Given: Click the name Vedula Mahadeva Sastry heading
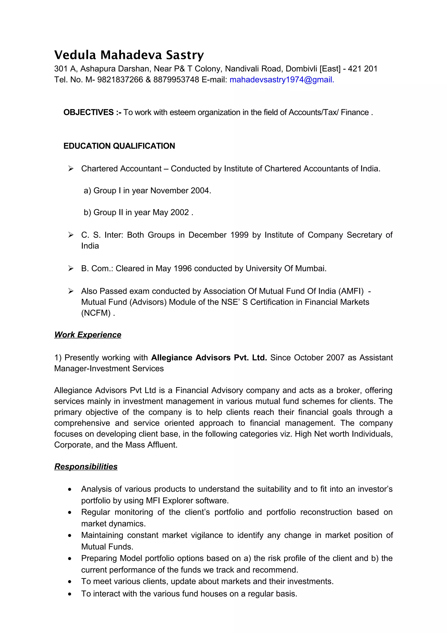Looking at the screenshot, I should pyautogui.click(x=129, y=55).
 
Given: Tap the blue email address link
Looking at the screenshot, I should pyautogui.click(x=282, y=80).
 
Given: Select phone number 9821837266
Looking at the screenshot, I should pyautogui.click(x=120, y=80).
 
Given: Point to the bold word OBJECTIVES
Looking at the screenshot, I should pyautogui.click(x=88, y=112).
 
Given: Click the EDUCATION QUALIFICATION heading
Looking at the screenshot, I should pyautogui.click(x=119, y=146).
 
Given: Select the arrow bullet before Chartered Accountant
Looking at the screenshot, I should pyautogui.click(x=71, y=168).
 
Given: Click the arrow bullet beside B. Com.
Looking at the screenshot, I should pyautogui.click(x=71, y=268).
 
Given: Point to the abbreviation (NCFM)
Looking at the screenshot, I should pyautogui.click(x=96, y=313).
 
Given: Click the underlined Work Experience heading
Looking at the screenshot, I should pyautogui.click(x=88, y=335).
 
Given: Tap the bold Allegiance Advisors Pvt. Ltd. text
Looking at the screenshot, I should pyautogui.click(x=209, y=358).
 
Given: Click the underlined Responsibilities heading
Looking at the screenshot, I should pyautogui.click(x=86, y=467).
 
